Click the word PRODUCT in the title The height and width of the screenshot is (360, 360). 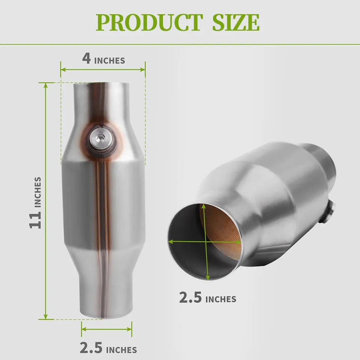pyautogui.click(x=149, y=22)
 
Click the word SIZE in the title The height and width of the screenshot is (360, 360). pyautogui.click(x=236, y=22)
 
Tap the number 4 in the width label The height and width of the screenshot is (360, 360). pyautogui.click(x=86, y=58)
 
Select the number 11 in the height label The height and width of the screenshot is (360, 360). pyautogui.click(x=35, y=220)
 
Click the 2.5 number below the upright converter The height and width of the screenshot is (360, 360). pyautogui.click(x=91, y=347)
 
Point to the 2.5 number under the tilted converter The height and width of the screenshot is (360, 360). pyautogui.click(x=190, y=297)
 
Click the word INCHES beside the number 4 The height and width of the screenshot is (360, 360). pyautogui.click(x=109, y=61)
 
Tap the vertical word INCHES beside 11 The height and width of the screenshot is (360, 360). pyautogui.click(x=37, y=192)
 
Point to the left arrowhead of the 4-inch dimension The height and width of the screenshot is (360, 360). pyautogui.click(x=63, y=69)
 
